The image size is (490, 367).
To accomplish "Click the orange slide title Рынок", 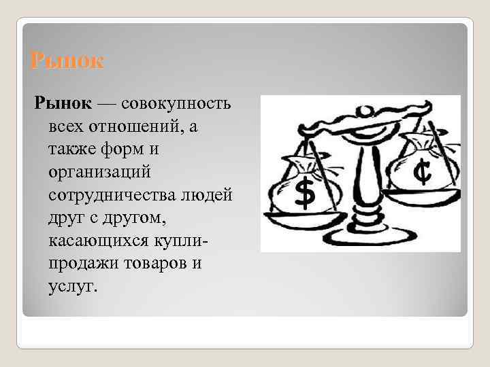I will click(x=67, y=62).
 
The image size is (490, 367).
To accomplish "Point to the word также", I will click(x=72, y=148).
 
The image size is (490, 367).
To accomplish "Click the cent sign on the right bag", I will click(x=423, y=173).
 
